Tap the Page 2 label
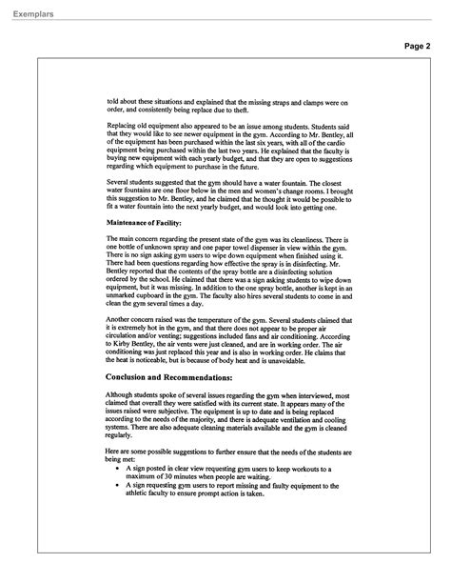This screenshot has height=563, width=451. click(418, 46)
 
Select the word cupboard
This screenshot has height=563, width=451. click(156, 293)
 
